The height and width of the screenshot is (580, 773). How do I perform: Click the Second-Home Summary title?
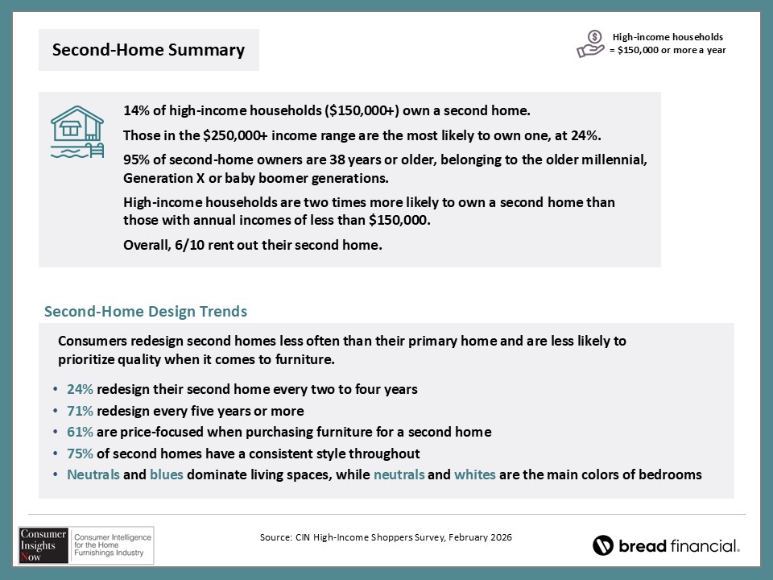tap(148, 50)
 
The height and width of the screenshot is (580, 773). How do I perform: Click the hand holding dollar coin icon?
tap(591, 43)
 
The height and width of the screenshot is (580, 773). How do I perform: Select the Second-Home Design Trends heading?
tap(146, 311)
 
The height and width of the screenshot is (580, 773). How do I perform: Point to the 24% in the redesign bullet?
tap(80, 389)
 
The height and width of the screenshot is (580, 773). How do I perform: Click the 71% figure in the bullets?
tap(80, 411)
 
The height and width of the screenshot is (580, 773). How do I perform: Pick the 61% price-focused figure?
tap(80, 432)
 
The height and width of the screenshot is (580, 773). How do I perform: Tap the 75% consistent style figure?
tap(80, 454)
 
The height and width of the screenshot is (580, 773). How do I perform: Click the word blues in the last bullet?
tap(167, 474)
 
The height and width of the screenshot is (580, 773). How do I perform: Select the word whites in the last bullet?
tap(475, 474)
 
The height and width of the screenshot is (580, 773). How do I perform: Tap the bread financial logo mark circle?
tap(603, 545)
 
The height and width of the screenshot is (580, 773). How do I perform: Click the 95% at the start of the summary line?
tap(136, 158)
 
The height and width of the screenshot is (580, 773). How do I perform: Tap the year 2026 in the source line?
tap(500, 536)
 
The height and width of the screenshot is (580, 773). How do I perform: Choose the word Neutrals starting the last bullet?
tap(93, 474)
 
